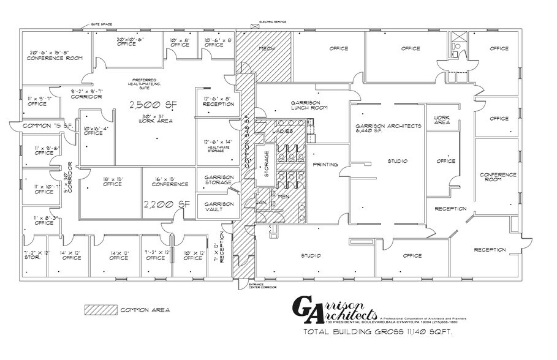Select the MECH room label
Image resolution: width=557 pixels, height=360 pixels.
266,48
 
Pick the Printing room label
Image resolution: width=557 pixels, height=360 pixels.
325,165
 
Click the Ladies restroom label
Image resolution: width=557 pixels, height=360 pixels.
282,131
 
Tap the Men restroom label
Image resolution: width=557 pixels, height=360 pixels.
282,196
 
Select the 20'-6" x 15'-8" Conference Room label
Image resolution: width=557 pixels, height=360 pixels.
55,56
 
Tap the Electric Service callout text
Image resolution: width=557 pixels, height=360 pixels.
273,21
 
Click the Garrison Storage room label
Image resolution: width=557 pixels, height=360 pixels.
218,179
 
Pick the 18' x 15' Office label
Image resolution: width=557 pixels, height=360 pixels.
112,182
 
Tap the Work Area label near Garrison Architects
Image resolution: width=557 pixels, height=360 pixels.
442,119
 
